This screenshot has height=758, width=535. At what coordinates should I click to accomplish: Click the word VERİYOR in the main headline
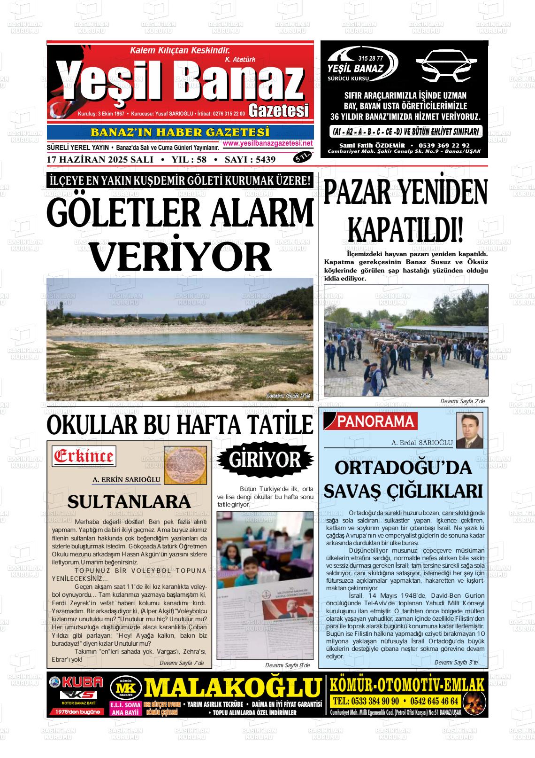181,256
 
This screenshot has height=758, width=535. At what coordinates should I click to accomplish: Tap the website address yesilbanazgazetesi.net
268,143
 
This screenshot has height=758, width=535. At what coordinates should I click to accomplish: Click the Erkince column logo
84,456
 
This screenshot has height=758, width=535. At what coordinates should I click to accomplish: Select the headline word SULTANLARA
129,501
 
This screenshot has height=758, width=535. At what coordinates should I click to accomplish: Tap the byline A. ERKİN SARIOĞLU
127,480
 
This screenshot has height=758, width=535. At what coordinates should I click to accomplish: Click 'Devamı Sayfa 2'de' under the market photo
462,401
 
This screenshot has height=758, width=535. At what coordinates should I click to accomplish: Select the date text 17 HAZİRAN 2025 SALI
100,160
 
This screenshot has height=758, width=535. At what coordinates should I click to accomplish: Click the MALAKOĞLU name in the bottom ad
232,688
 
